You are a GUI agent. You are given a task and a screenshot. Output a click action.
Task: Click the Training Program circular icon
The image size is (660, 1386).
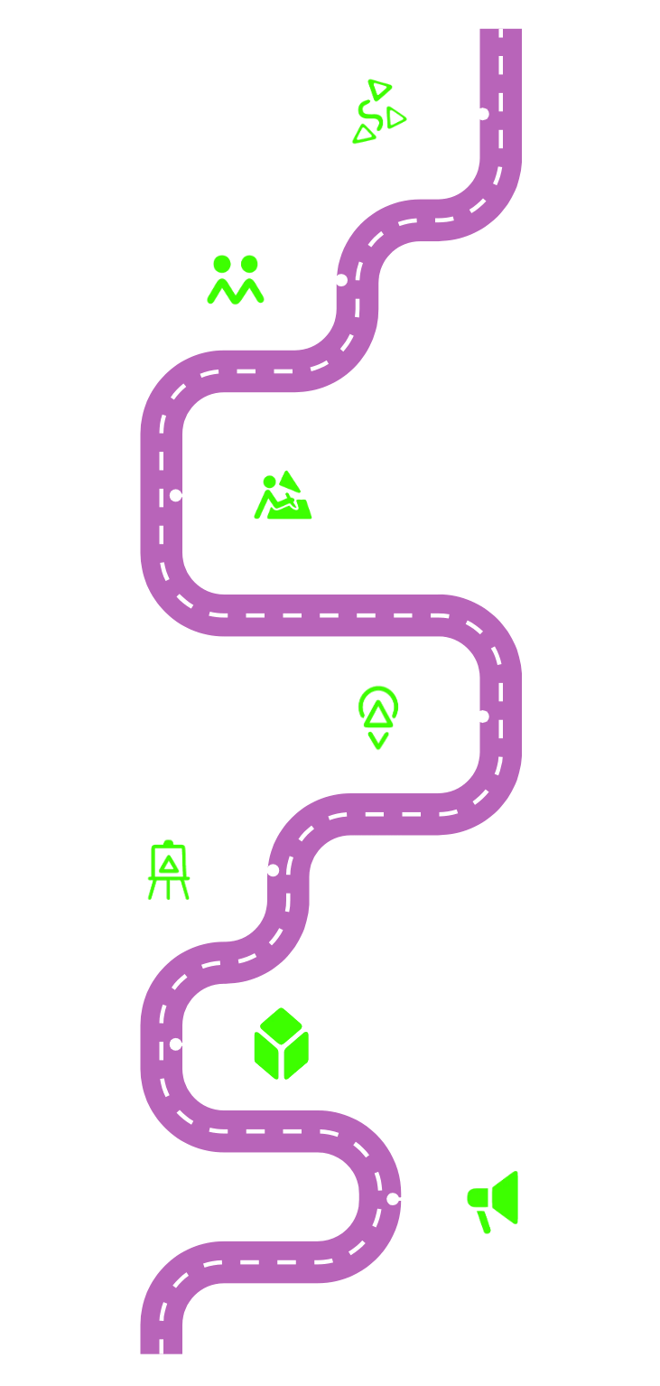click(x=377, y=114)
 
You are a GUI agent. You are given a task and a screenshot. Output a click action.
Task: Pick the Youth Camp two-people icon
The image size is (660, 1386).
click(x=236, y=279)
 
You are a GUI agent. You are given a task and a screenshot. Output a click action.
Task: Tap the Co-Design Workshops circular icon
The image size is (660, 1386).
click(x=281, y=495)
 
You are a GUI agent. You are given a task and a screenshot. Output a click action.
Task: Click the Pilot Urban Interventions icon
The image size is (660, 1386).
click(x=377, y=716)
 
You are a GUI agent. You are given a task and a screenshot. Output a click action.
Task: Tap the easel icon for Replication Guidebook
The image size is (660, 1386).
click(x=168, y=871)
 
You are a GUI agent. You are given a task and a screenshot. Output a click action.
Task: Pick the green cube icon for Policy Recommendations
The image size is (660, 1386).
click(x=281, y=1044)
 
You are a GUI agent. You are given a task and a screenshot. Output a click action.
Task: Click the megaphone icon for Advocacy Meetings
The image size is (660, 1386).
click(x=497, y=1199)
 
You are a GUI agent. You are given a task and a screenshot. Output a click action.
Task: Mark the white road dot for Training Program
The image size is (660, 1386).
click(x=483, y=114)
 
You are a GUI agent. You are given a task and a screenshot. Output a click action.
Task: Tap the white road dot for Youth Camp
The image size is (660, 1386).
click(x=341, y=280)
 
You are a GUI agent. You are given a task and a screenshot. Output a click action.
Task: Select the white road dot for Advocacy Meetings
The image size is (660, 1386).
click(x=393, y=1199)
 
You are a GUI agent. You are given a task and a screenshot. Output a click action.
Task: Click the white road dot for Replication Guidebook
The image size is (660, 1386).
click(x=273, y=870)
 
